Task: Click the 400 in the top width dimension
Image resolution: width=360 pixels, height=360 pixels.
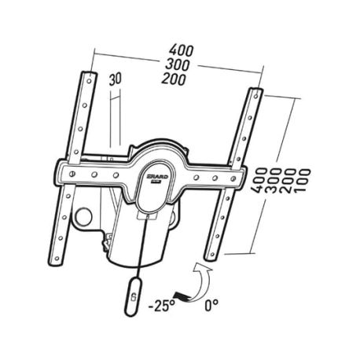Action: pos(182,50)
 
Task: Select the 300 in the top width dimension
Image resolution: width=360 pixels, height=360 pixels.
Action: pos(178,64)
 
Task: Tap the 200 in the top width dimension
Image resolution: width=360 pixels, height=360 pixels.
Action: pos(174,79)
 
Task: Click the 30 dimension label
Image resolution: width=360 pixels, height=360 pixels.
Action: pos(116,79)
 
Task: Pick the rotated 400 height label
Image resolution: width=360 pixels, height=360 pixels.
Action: pos(259,181)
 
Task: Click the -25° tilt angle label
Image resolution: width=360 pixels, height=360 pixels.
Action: pos(161,306)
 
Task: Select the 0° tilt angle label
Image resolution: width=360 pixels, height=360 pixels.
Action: pos(211,305)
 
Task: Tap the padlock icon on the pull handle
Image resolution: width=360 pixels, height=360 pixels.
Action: pos(134,297)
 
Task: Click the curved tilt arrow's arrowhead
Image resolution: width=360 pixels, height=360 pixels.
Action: pos(201,268)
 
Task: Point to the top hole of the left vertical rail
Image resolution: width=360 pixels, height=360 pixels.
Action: pos(89,81)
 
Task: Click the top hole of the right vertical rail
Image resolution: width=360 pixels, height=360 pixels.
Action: pos(256,96)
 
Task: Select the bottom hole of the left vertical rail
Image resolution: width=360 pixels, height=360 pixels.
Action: pos(57,259)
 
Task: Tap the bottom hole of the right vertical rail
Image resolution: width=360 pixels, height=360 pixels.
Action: pos(211,254)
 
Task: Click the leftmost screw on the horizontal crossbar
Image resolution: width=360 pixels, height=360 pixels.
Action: pos(73,173)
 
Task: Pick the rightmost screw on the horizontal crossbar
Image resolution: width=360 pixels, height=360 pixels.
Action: pos(233,179)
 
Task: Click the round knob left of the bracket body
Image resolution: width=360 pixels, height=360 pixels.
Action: pos(83,217)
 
